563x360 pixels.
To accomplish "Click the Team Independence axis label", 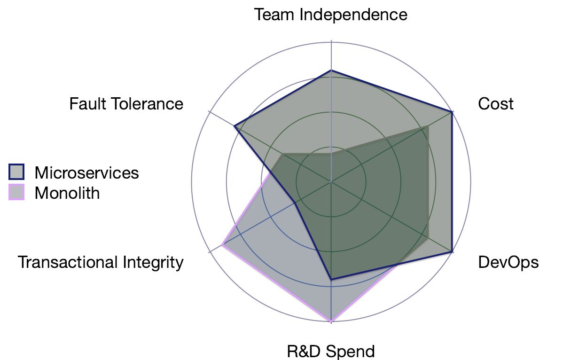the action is (x=331, y=15).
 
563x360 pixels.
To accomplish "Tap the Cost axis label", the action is (x=495, y=104).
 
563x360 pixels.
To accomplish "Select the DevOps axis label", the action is (x=508, y=262).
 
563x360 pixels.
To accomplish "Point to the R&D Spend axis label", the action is (x=331, y=351).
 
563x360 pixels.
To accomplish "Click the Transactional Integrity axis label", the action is (x=101, y=262).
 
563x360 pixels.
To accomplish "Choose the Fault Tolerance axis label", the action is (x=126, y=104).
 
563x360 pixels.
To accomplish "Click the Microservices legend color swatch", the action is (x=16, y=172).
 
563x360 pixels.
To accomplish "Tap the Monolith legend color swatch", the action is (x=16, y=192).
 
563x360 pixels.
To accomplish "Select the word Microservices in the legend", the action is (x=86, y=172).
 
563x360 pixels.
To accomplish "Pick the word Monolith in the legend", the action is (x=67, y=193).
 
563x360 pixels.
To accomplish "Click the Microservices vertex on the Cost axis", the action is (x=452, y=112).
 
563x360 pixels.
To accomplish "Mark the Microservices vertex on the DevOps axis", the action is (x=452, y=252).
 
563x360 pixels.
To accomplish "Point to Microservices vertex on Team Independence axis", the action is (x=331, y=70).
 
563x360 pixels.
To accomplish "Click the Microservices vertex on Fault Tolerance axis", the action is (x=235, y=126).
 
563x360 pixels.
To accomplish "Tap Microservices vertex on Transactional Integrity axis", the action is (x=295, y=203).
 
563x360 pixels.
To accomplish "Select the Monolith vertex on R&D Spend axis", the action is (x=331, y=321).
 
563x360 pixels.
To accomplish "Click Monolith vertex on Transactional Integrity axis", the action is (x=223, y=245).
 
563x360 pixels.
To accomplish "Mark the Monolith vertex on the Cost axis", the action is (x=427, y=127).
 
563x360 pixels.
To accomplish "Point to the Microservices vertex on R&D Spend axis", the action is (x=331, y=279).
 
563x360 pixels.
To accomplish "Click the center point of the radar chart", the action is (x=331, y=182).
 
